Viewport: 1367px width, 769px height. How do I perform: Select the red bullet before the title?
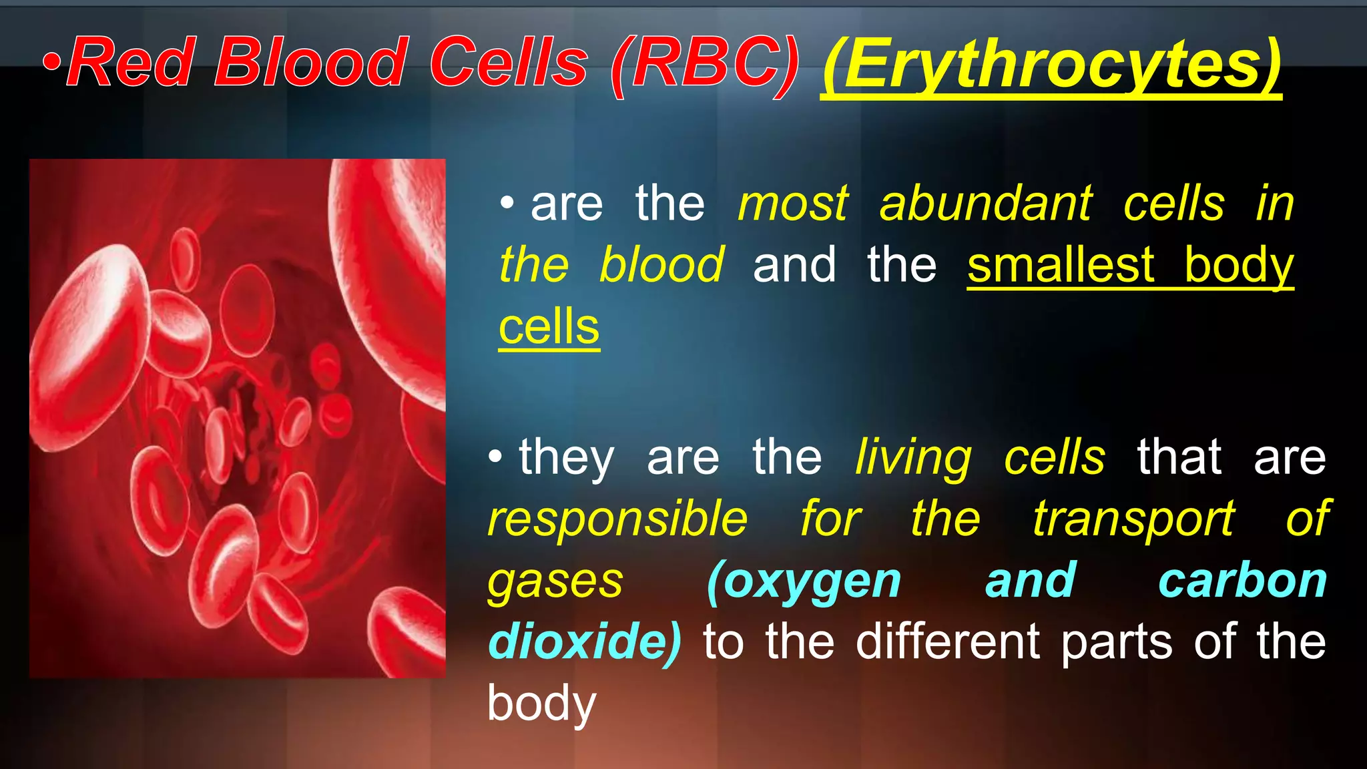53,63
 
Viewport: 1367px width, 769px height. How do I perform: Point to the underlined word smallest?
1061,265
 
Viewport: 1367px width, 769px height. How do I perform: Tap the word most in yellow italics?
793,204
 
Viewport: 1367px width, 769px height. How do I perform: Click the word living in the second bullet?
913,458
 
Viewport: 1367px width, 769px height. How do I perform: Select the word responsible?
617,519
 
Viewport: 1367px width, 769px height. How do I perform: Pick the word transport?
1133,519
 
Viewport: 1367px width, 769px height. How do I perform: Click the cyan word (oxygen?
804,581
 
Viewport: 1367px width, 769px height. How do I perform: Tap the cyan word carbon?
1242,581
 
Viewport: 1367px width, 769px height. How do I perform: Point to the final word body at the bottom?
541,704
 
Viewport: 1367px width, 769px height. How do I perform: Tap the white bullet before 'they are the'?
495,457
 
